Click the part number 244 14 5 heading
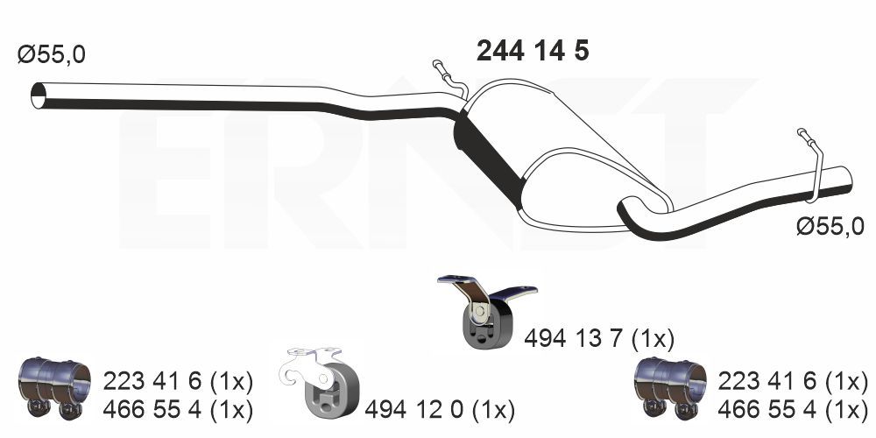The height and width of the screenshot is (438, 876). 533,52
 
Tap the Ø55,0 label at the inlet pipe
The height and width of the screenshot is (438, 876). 52,54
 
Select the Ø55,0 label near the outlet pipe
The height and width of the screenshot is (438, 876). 830,227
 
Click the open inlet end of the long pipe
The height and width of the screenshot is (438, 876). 38,95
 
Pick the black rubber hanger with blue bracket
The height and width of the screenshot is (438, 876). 485,313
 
